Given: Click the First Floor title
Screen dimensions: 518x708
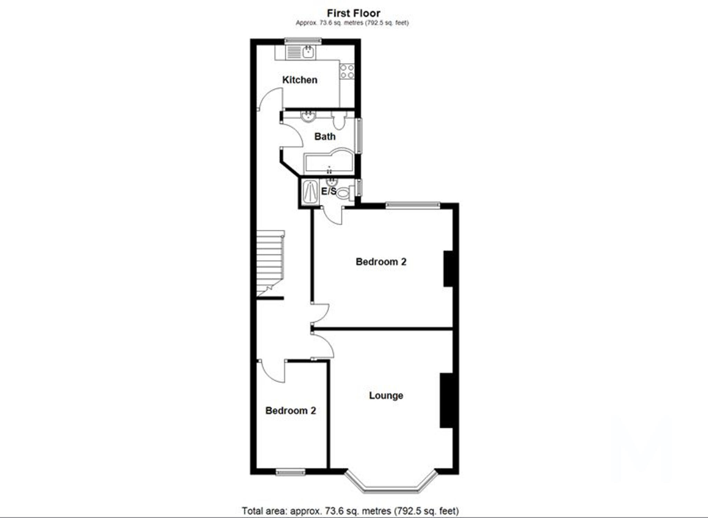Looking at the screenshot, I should click(353, 13).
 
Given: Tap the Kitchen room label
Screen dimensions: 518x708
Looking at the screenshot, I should click(300, 80).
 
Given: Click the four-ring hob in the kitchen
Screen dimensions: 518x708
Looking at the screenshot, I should click(347, 71).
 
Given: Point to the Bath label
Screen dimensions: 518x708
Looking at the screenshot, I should click(325, 137).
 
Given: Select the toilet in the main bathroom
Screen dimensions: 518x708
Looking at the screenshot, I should click(339, 120).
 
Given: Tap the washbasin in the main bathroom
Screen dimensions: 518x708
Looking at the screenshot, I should click(308, 117).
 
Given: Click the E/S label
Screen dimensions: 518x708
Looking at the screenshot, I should click(328, 191).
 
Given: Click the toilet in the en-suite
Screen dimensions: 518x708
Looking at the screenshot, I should click(344, 192).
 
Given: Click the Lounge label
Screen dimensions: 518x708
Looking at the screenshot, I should click(386, 396).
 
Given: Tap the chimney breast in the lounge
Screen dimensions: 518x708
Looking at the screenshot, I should click(446, 400).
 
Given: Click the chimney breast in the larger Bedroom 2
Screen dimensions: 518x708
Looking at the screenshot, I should click(448, 269).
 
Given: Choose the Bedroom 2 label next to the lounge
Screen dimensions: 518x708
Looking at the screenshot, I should click(290, 411).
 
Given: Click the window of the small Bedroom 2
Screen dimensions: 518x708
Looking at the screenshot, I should click(290, 472).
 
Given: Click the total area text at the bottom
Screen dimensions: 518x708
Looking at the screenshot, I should click(350, 511).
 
